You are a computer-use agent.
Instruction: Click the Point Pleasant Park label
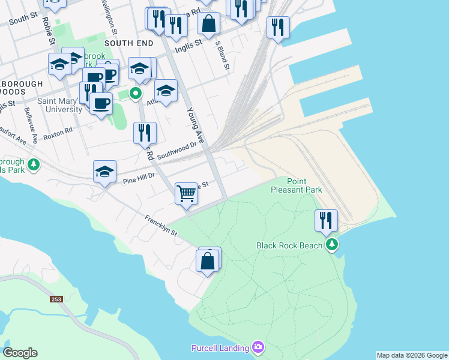pos(305,185)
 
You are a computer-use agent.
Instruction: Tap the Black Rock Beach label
pos(290,245)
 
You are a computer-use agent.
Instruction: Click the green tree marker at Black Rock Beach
pos(331,244)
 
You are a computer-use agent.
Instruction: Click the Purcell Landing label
pos(220,348)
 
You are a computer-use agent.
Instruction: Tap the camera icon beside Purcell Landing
pos(258,347)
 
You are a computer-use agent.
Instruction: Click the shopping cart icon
pos(187,193)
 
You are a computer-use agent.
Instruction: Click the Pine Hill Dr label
pos(139,178)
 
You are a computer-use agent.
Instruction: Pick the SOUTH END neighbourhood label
pos(125,43)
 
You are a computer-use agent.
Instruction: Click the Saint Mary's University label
pos(60,105)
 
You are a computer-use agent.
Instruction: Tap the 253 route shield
pos(56,298)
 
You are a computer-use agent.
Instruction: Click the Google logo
pos(20,353)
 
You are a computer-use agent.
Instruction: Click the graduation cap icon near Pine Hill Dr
pos(105,172)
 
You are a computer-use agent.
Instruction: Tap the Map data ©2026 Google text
pos(412,355)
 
